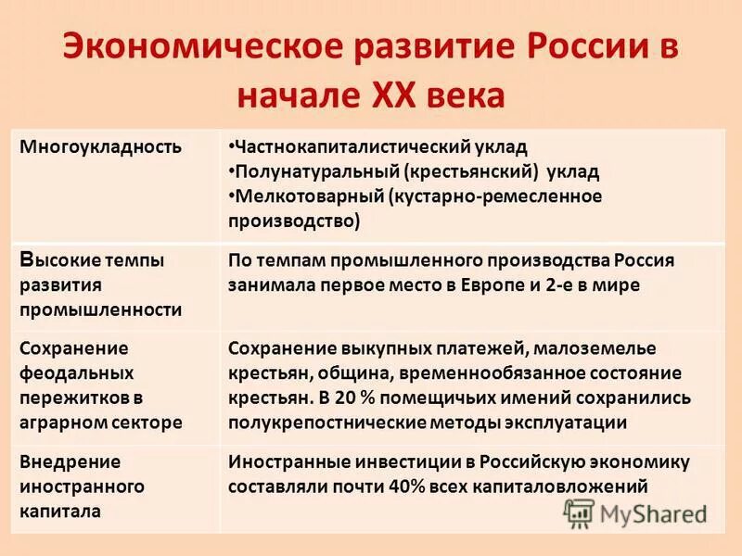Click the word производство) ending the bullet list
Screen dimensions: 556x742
[x=293, y=221]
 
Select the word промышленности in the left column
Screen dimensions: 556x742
[x=100, y=310]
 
